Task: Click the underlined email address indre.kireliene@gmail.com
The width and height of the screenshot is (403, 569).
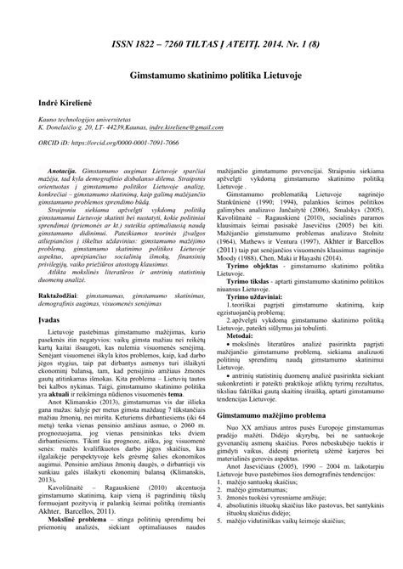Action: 186,128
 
